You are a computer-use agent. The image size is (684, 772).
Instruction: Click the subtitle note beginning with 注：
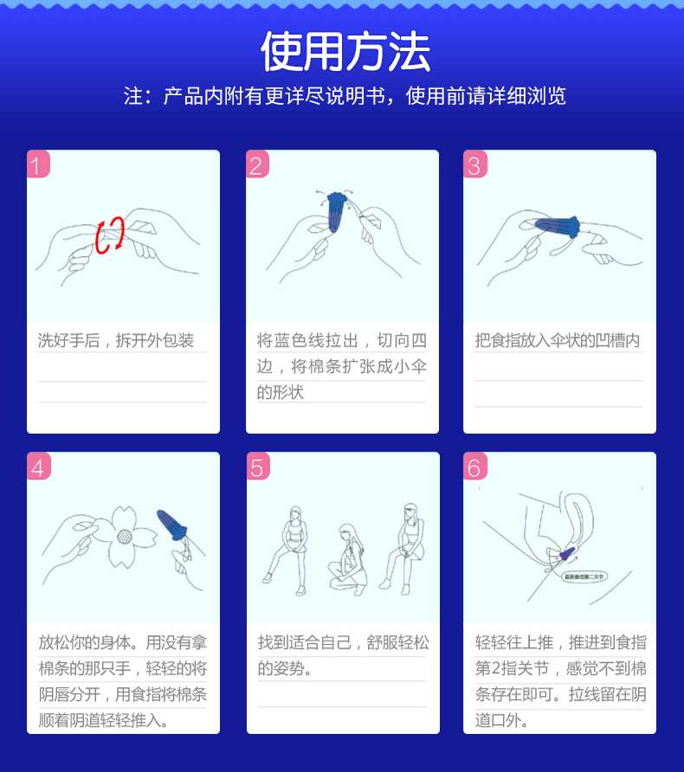[x=345, y=96]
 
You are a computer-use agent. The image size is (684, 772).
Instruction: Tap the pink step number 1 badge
[x=38, y=164]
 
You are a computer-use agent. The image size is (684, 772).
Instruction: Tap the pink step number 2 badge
[x=257, y=164]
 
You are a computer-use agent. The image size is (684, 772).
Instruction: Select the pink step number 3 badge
[x=474, y=164]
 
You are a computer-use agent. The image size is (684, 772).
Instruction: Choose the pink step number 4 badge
[x=38, y=467]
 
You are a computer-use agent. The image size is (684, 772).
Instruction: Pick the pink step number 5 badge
[x=257, y=467]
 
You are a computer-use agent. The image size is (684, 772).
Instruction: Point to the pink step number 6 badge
[x=474, y=467]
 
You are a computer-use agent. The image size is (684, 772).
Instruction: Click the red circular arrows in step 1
[x=110, y=235]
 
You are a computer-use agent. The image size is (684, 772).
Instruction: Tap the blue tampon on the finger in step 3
[x=562, y=227]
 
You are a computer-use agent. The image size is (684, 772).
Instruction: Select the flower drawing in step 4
[x=124, y=537]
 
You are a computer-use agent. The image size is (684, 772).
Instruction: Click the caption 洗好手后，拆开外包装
[x=116, y=340]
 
